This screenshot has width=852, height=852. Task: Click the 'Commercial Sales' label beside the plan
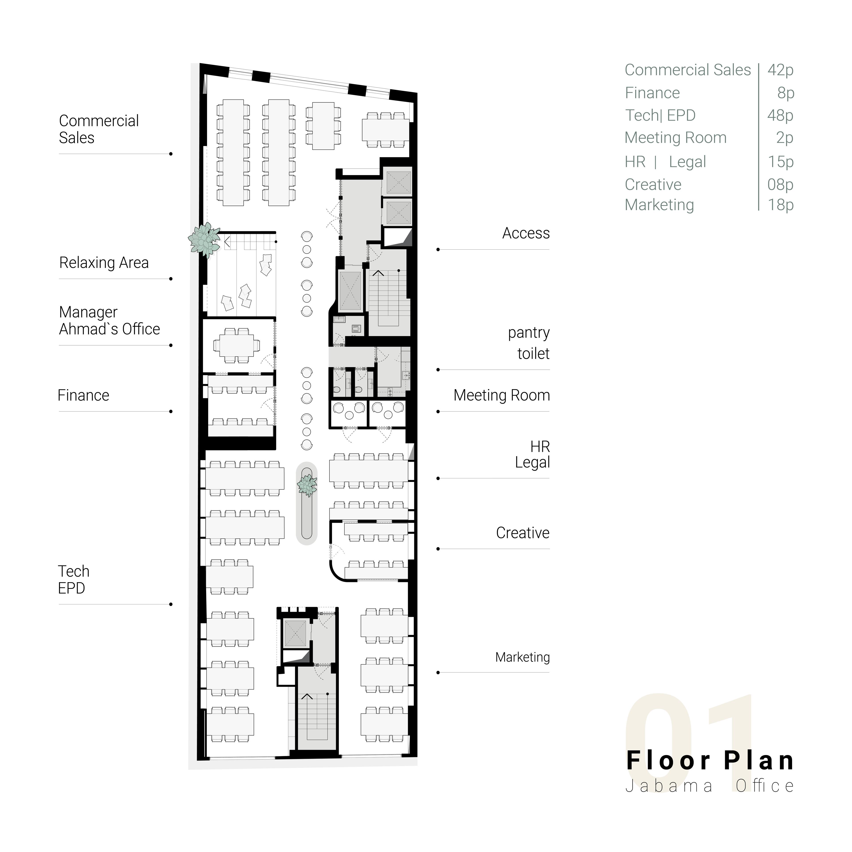tap(99, 129)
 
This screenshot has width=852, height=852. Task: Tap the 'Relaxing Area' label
tap(104, 263)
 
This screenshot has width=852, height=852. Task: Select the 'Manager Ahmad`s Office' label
tap(109, 321)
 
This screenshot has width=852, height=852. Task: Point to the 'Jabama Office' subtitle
tap(710, 786)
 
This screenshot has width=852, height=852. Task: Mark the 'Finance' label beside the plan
tap(83, 396)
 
